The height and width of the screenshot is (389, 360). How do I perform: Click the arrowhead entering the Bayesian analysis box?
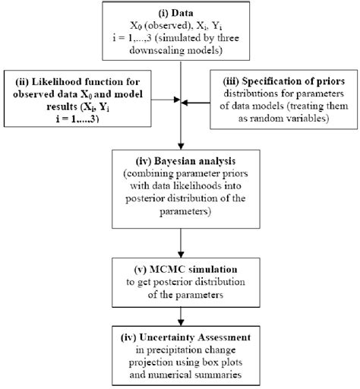coord(179,147)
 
